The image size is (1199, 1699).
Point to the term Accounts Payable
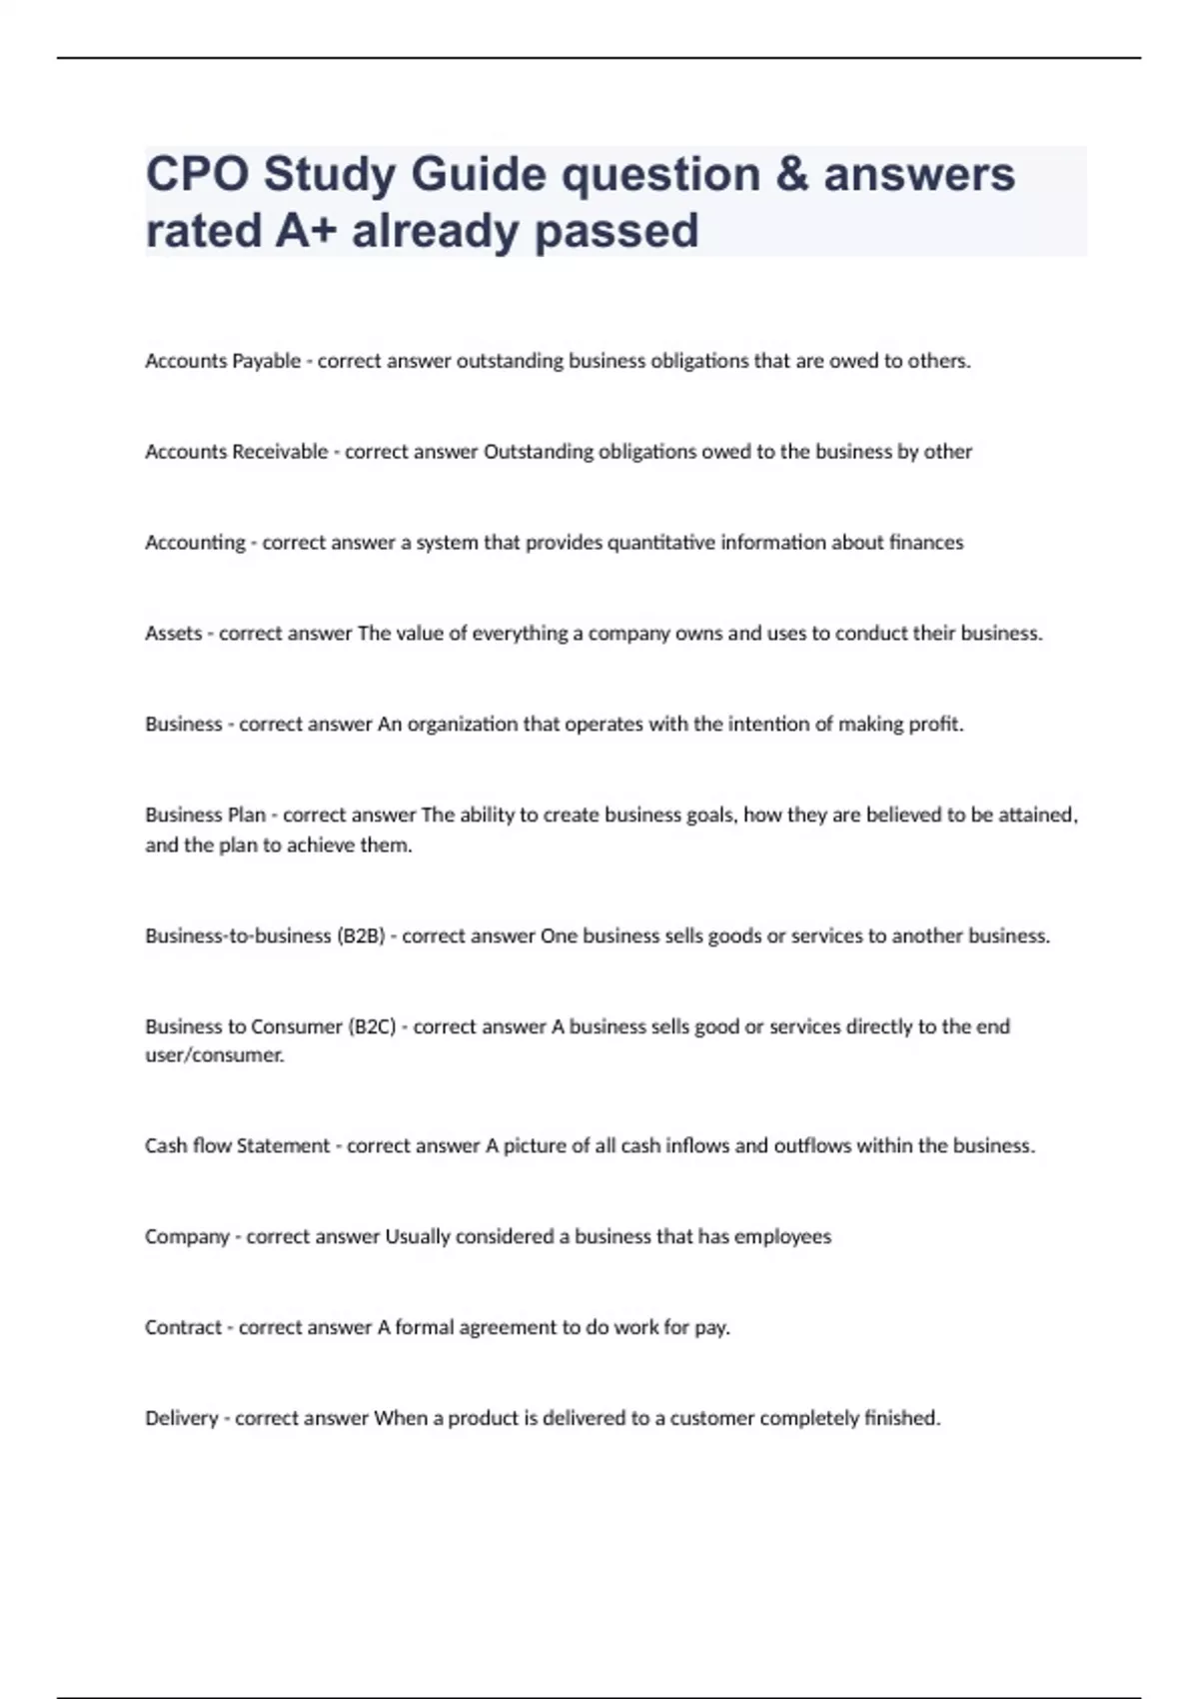(x=223, y=361)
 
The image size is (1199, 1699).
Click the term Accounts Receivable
(x=237, y=452)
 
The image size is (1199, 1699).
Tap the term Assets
(x=174, y=634)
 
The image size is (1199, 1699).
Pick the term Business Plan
(x=206, y=815)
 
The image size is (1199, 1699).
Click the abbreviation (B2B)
(x=362, y=936)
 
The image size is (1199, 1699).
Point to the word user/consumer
(x=215, y=1055)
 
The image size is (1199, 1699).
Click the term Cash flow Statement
(x=237, y=1146)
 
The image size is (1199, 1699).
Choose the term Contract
(x=184, y=1328)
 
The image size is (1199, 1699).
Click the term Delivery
(x=182, y=1418)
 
